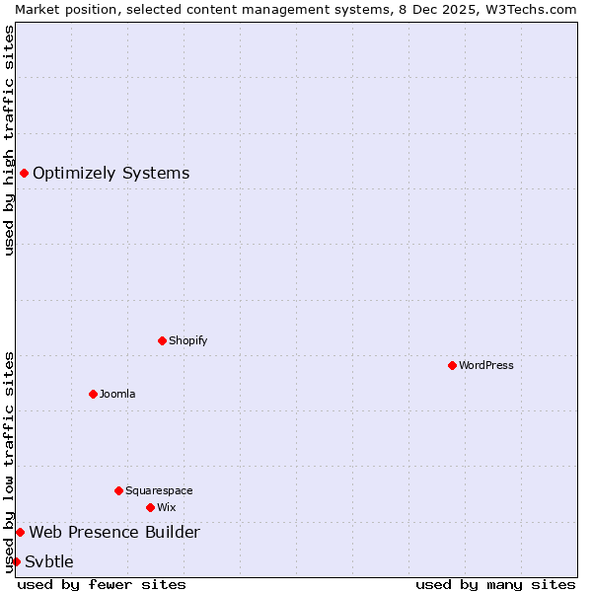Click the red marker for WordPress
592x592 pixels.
(452, 365)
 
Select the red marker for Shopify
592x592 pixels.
(162, 340)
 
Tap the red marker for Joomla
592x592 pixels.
(93, 394)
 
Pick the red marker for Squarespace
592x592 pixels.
(118, 490)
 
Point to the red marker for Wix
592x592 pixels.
(150, 507)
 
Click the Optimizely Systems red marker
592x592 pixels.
(24, 174)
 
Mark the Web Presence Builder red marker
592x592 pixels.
(20, 533)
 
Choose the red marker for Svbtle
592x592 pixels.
(16, 562)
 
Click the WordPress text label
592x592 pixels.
(486, 365)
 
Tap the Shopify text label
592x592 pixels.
(188, 340)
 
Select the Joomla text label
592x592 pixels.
(117, 394)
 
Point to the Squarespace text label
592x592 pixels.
(159, 490)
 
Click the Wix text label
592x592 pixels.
(167, 507)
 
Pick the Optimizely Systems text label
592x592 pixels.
(111, 174)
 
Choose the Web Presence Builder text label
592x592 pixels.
(114, 533)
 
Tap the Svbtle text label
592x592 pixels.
(49, 562)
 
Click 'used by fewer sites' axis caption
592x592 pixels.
(102, 584)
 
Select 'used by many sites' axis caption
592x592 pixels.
(495, 584)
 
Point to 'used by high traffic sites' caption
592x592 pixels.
(9, 140)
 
